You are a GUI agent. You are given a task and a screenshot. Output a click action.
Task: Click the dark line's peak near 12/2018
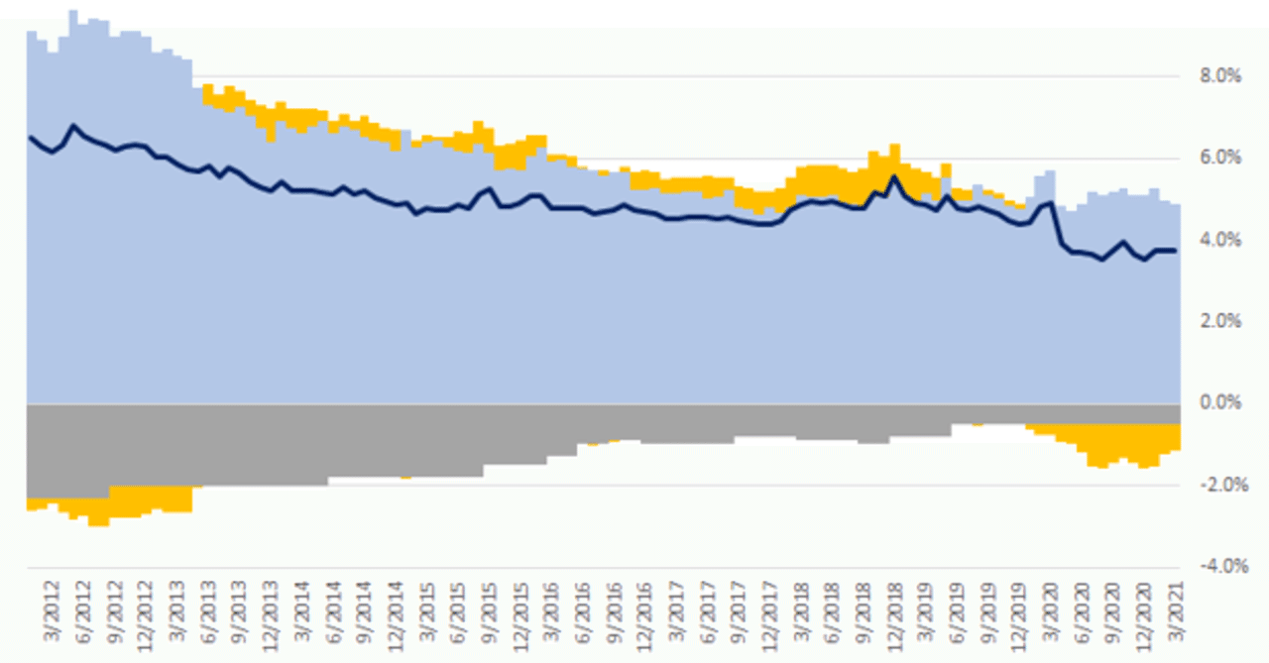click(x=894, y=176)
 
